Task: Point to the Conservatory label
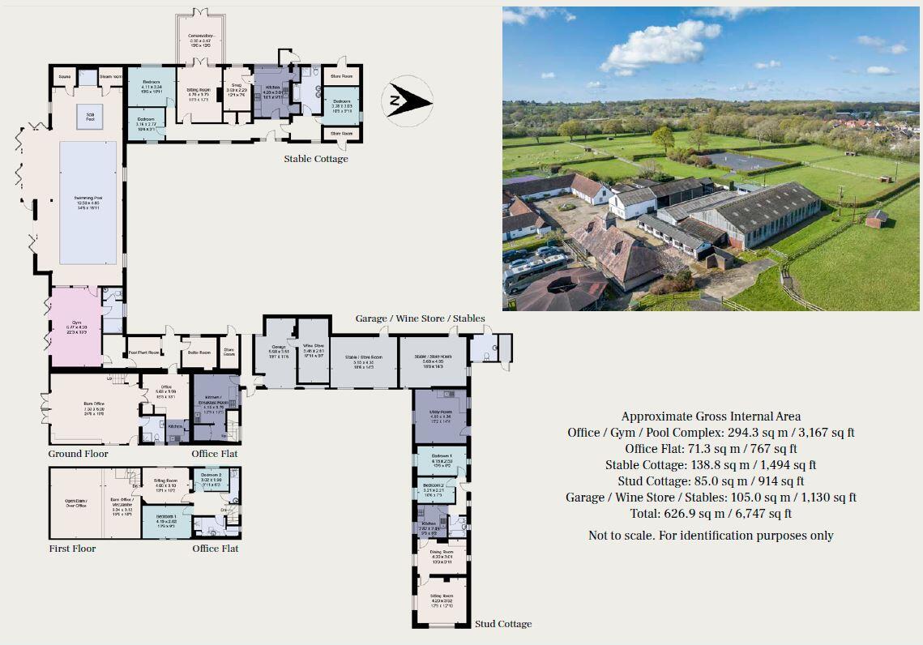pos(200,36)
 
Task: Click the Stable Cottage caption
pos(315,159)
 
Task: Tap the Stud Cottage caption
pos(503,624)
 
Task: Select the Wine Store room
pos(313,349)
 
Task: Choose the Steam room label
pos(110,78)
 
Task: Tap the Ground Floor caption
pos(78,454)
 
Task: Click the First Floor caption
pos(72,549)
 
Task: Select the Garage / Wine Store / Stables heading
pos(419,318)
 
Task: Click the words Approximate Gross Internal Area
pos(711,416)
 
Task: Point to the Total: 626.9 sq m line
pos(711,513)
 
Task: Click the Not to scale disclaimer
pos(711,535)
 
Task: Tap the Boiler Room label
pos(199,352)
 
